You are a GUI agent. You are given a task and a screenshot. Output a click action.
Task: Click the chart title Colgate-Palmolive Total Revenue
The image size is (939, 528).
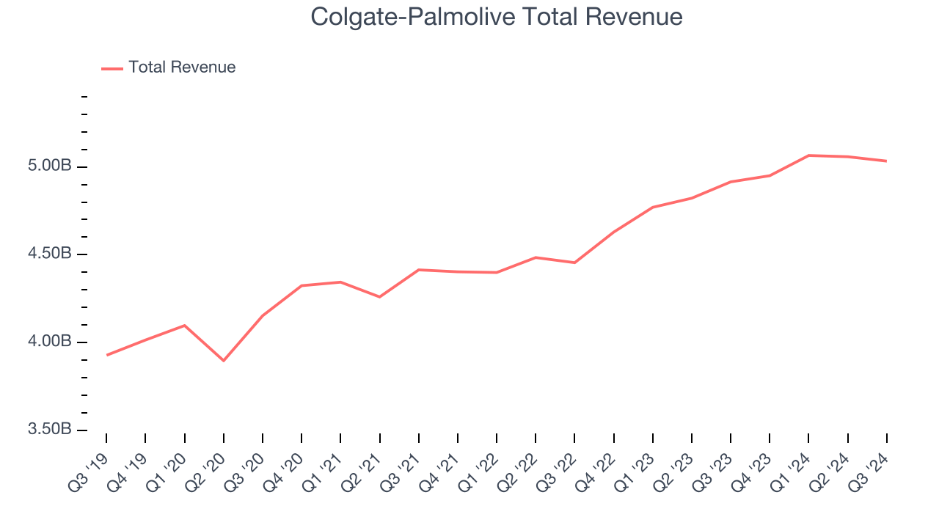pyautogui.click(x=497, y=17)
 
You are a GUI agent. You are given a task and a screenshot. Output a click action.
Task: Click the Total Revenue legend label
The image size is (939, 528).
pyautogui.click(x=182, y=67)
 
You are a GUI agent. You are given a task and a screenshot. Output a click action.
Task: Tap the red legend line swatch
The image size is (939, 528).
pyautogui.click(x=112, y=68)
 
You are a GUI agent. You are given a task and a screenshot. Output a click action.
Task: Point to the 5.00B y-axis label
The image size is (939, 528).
pyautogui.click(x=51, y=166)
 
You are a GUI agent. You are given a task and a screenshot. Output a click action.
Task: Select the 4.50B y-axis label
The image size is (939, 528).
pyautogui.click(x=51, y=254)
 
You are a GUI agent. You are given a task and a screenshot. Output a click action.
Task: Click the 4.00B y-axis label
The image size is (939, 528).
pyautogui.click(x=51, y=342)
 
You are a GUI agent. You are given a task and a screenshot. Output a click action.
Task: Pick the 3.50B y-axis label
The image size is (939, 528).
pyautogui.click(x=51, y=429)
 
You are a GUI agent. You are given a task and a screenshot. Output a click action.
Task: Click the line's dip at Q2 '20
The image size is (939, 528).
pyautogui.click(x=223, y=361)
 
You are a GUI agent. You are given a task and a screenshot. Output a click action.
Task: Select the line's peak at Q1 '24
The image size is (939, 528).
pyautogui.click(x=808, y=155)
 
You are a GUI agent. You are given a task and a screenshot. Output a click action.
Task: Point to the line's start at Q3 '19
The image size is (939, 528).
pyautogui.click(x=106, y=355)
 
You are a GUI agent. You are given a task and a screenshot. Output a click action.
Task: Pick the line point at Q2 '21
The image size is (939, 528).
pyautogui.click(x=379, y=297)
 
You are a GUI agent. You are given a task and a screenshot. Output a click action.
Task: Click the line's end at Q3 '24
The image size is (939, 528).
pyautogui.click(x=886, y=161)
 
